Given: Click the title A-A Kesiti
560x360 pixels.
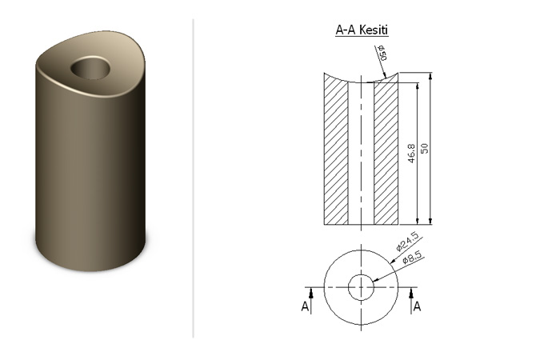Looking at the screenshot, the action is pos(362,30).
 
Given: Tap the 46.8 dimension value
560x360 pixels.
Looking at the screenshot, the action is pos(411,154).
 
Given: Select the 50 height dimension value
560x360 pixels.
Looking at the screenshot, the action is pos(424,148).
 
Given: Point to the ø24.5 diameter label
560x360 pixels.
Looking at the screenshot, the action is pos(406,241).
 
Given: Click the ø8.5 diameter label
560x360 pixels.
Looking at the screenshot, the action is pos(412,258).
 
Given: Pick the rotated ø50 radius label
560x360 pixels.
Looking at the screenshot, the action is pos(382,53).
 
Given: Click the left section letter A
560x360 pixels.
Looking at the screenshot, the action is pos(305,306).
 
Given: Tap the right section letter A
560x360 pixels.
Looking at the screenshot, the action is pos(417,306).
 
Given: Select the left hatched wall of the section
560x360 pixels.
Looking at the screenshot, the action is pos(336,150).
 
